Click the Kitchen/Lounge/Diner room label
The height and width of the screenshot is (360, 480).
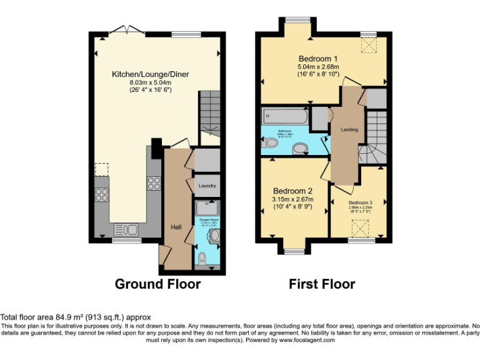[x=150, y=74]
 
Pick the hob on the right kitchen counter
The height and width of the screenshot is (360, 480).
[x=153, y=183]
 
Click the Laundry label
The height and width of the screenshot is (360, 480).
[x=207, y=186]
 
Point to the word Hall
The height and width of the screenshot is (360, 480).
[x=176, y=227]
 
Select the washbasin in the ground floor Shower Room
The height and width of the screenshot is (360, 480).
[x=214, y=234]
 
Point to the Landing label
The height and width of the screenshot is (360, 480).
[x=349, y=129]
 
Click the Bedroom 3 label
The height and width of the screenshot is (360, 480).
[x=360, y=203]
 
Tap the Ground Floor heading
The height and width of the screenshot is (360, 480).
[x=157, y=284]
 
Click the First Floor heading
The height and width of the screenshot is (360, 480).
[x=321, y=284]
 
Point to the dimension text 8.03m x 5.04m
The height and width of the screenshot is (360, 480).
[x=150, y=82]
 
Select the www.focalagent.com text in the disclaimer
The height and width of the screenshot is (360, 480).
[x=307, y=341]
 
